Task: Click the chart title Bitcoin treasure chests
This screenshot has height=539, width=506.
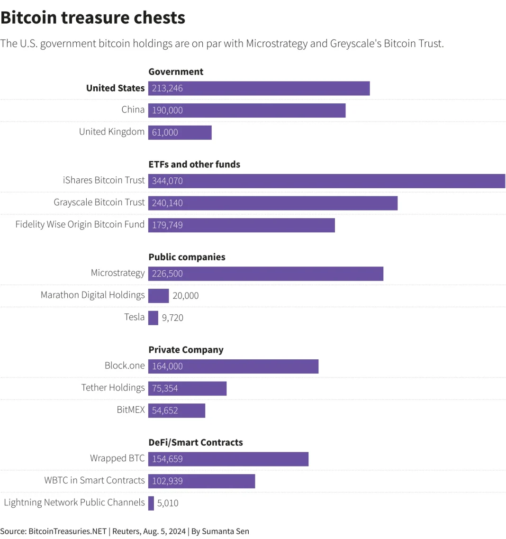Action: pos(93,18)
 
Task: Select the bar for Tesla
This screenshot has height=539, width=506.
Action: pos(153,318)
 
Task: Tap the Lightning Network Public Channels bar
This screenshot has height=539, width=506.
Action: pos(151,503)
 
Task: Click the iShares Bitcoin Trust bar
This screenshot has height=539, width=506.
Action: pos(327,181)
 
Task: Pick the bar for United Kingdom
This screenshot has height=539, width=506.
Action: pos(180,132)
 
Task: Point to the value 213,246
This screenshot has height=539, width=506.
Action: pos(167,88)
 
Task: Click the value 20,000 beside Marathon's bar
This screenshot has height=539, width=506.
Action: pos(186,296)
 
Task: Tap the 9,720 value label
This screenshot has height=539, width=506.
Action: pos(172,318)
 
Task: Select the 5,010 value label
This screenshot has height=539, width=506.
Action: pos(168,503)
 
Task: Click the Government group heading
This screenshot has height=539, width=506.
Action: pos(176,72)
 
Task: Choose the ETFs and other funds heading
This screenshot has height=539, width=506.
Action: pos(194,164)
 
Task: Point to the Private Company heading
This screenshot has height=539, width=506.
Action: pos(186,350)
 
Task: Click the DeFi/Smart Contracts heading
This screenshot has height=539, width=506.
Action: pos(196,442)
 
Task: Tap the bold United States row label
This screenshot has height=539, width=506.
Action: pos(115,88)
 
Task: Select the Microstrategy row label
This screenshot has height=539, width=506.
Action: pos(117,273)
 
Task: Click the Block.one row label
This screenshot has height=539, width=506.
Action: pos(125,365)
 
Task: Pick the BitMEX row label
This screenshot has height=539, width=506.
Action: pos(131,410)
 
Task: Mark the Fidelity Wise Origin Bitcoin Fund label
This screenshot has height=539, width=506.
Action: pos(80,224)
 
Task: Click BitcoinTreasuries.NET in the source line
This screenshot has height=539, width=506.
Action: pos(67,531)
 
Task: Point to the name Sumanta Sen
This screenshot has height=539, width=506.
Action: pos(226,531)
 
